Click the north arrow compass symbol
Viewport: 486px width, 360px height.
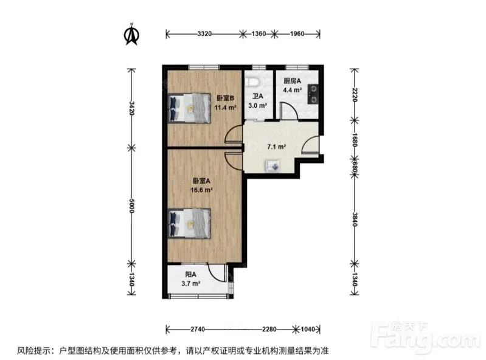click(x=131, y=35)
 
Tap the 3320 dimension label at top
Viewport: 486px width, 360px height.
click(x=204, y=33)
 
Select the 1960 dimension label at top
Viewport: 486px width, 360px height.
click(x=297, y=33)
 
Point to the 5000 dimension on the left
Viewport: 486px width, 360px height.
click(x=131, y=206)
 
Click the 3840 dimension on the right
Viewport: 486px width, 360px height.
click(x=355, y=219)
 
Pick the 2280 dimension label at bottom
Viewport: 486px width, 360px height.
click(x=269, y=329)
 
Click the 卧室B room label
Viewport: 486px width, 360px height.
click(x=225, y=99)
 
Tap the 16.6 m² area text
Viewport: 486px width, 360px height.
click(x=201, y=190)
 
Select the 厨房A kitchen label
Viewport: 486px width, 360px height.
click(x=293, y=81)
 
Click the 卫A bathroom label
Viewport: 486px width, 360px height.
click(x=257, y=96)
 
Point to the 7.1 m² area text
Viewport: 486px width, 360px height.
click(x=277, y=147)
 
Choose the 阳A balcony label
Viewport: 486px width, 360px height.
click(x=190, y=274)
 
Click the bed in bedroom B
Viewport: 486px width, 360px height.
click(x=190, y=108)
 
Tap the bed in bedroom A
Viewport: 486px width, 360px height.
click(x=190, y=223)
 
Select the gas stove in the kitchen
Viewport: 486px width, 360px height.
click(x=313, y=94)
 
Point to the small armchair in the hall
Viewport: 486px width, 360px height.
click(x=273, y=166)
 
